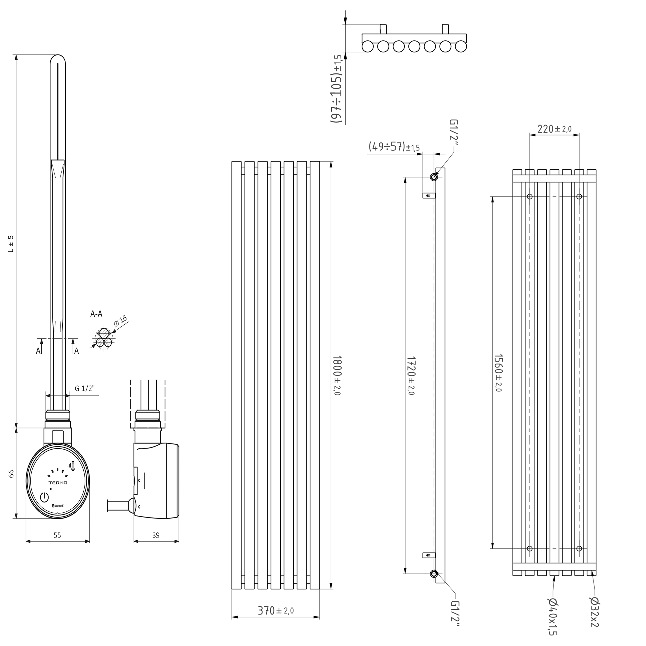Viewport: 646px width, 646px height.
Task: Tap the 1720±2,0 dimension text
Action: [x=411, y=375]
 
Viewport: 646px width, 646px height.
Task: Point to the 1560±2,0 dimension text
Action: [x=498, y=373]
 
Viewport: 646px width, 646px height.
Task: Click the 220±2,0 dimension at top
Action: [x=554, y=129]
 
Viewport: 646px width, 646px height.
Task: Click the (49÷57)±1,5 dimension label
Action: [x=394, y=146]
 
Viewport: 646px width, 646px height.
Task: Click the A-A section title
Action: [x=96, y=314]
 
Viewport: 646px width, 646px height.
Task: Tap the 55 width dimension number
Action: [x=57, y=536]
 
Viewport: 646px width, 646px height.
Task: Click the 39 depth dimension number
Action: [x=156, y=536]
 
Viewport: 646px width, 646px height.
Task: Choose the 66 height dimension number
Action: [x=11, y=473]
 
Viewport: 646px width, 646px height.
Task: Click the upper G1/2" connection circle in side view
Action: [x=434, y=177]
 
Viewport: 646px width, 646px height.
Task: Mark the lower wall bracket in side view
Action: [x=429, y=555]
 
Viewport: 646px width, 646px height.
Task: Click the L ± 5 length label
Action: [x=11, y=244]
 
